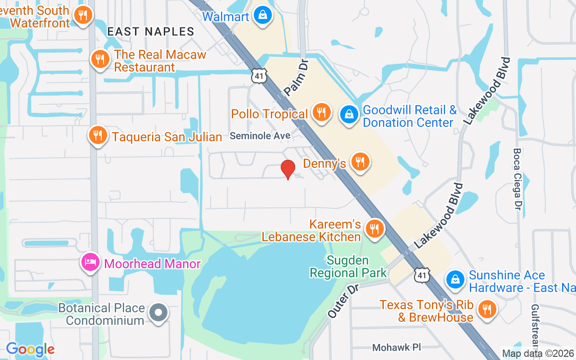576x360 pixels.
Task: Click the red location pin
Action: pyautogui.click(x=288, y=169)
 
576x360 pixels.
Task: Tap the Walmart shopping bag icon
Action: pyautogui.click(x=262, y=16)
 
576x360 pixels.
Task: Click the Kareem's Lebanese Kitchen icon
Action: pyautogui.click(x=374, y=228)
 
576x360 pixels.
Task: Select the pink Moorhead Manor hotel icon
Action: pyautogui.click(x=90, y=262)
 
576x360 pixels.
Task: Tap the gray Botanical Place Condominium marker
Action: pyautogui.click(x=158, y=312)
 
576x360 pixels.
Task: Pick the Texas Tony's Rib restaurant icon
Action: pyautogui.click(x=487, y=309)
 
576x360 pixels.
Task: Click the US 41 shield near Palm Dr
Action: pyautogui.click(x=259, y=76)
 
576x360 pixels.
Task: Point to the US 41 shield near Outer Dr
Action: pyautogui.click(x=423, y=274)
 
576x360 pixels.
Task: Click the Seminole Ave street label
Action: pyautogui.click(x=260, y=135)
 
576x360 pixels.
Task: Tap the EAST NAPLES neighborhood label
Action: pyautogui.click(x=151, y=31)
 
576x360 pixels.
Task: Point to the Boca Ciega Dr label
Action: pyautogui.click(x=517, y=179)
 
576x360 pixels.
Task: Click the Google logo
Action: pyautogui.click(x=30, y=349)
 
